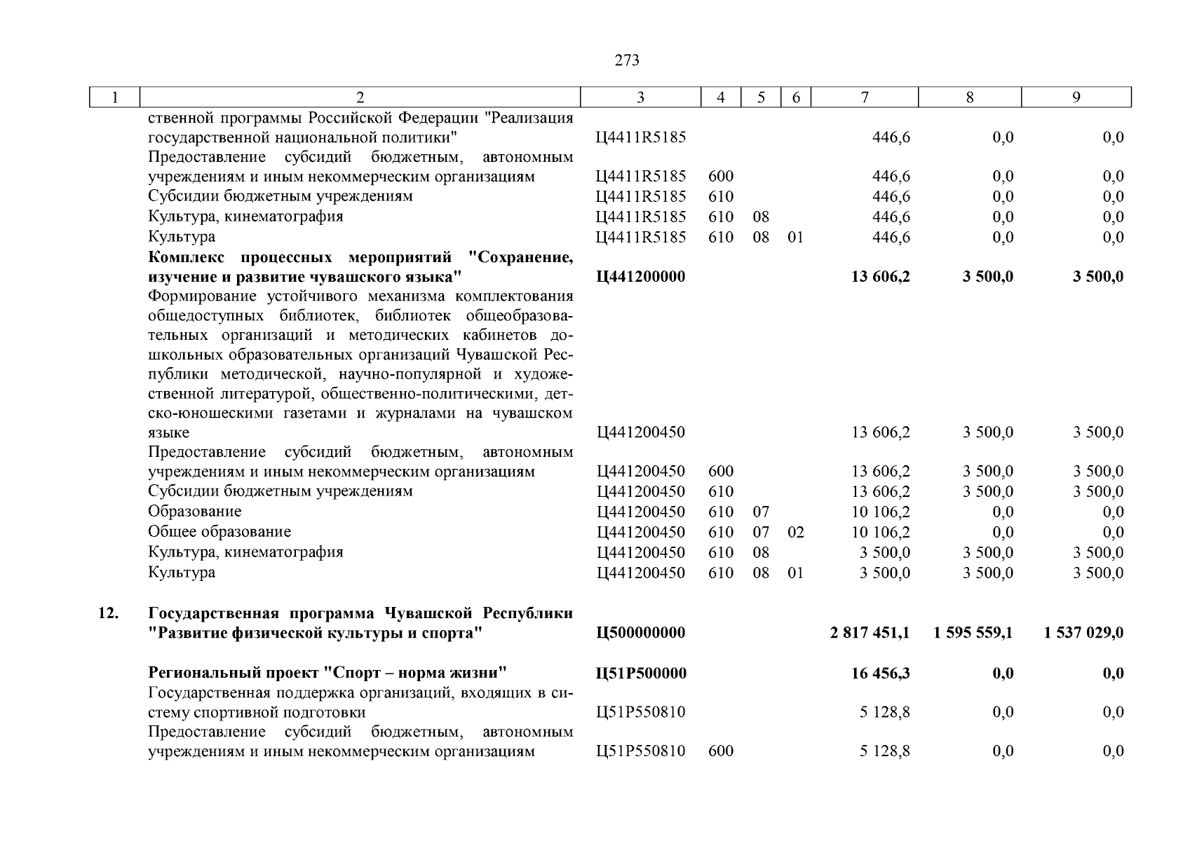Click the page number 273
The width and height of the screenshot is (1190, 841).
tap(626, 61)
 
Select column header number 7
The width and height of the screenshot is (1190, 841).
tap(865, 98)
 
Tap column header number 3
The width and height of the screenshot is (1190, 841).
tap(640, 98)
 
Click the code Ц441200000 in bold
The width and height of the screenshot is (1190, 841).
tap(640, 277)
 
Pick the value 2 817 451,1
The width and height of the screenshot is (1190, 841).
tap(870, 633)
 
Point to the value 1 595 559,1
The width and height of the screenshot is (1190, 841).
tap(973, 633)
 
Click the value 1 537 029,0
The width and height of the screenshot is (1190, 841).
tap(1083, 633)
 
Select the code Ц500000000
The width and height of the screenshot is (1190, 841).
tap(640, 633)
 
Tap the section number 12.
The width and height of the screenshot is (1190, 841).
tap(107, 613)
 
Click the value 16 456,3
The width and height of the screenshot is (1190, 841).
tap(881, 674)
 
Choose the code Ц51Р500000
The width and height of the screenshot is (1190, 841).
tap(640, 674)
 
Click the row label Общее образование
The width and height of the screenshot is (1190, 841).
tap(219, 532)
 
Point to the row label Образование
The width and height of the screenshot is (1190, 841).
tap(195, 512)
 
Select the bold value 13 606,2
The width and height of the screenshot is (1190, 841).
tap(881, 277)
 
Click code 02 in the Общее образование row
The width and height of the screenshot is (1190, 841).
tap(795, 533)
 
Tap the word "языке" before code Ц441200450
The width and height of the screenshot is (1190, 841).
tap(168, 433)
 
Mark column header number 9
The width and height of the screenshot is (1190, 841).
tap(1076, 98)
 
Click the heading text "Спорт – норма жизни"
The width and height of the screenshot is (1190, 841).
tap(415, 674)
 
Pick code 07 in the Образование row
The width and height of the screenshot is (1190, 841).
tap(761, 512)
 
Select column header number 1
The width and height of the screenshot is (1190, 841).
tap(115, 98)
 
